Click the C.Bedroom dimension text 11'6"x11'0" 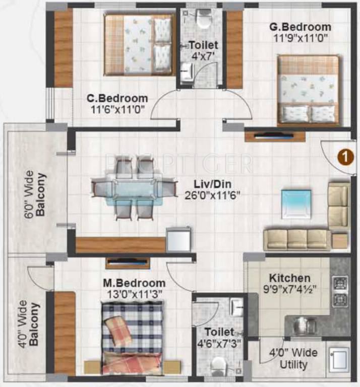[x=116, y=109]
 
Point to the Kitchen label [x=289, y=278]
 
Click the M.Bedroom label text [x=134, y=283]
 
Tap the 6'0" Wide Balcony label [x=35, y=193]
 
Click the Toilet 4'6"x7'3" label [x=219, y=337]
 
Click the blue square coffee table [x=296, y=204]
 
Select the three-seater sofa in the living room [x=297, y=239]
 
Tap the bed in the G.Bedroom [x=308, y=90]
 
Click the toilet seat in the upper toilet [x=204, y=20]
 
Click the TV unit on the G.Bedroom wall [x=275, y=136]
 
